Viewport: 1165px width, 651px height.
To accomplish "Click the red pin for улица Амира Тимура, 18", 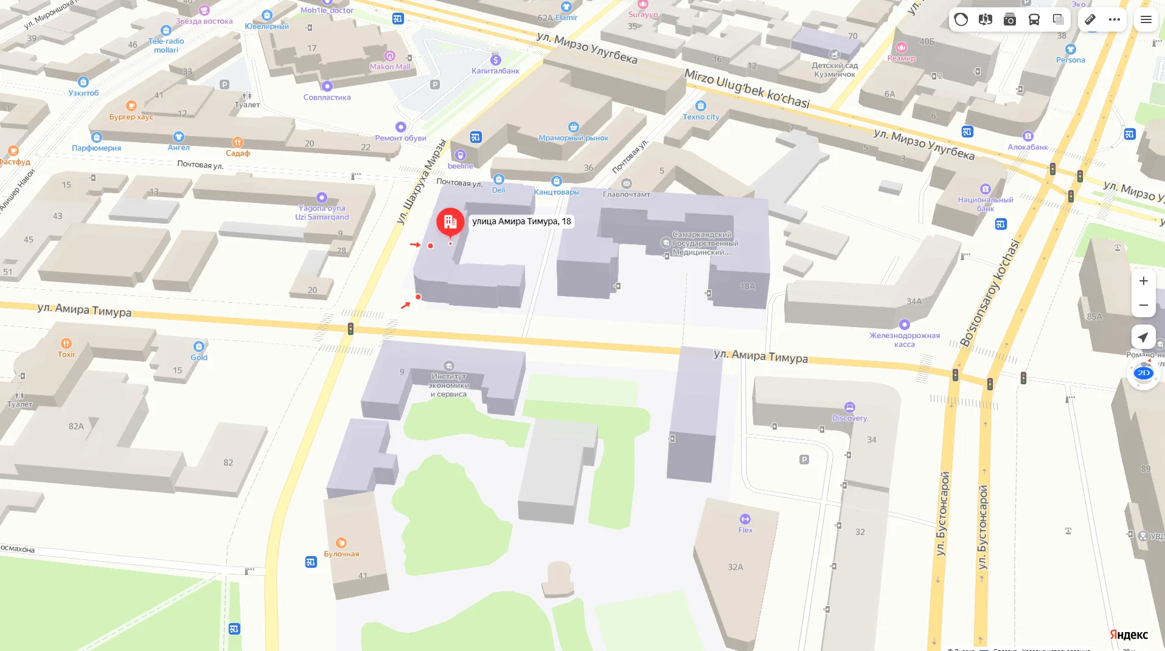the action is (x=450, y=222).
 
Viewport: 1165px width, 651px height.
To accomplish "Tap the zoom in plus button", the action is (x=1143, y=281).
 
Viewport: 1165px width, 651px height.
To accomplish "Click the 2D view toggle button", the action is (x=1143, y=373).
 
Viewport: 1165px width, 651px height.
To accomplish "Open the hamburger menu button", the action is (x=1146, y=19).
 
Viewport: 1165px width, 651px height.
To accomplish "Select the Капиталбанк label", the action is (x=495, y=71).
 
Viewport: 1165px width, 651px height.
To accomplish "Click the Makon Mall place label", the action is (x=390, y=67).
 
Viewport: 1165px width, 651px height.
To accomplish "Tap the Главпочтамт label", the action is (x=627, y=195).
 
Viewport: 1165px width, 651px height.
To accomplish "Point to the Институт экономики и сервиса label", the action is (x=449, y=385).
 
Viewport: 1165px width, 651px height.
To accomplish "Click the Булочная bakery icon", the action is (x=341, y=542).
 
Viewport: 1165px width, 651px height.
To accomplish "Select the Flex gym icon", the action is (x=745, y=519).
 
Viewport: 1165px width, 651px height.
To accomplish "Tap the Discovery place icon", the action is (x=850, y=407).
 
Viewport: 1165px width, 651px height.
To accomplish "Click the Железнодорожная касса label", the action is (x=905, y=340).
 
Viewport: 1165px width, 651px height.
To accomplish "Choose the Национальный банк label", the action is (x=986, y=204).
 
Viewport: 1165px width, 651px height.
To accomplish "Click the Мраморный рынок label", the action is (x=574, y=138).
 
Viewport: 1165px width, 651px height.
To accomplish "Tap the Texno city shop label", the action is (x=701, y=117).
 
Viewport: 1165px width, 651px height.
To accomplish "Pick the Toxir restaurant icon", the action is (x=66, y=343).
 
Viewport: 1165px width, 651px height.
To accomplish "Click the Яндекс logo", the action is (x=1128, y=635).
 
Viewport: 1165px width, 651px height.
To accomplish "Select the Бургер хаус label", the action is (x=131, y=117).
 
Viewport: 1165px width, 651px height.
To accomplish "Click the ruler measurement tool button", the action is (x=1090, y=19).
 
